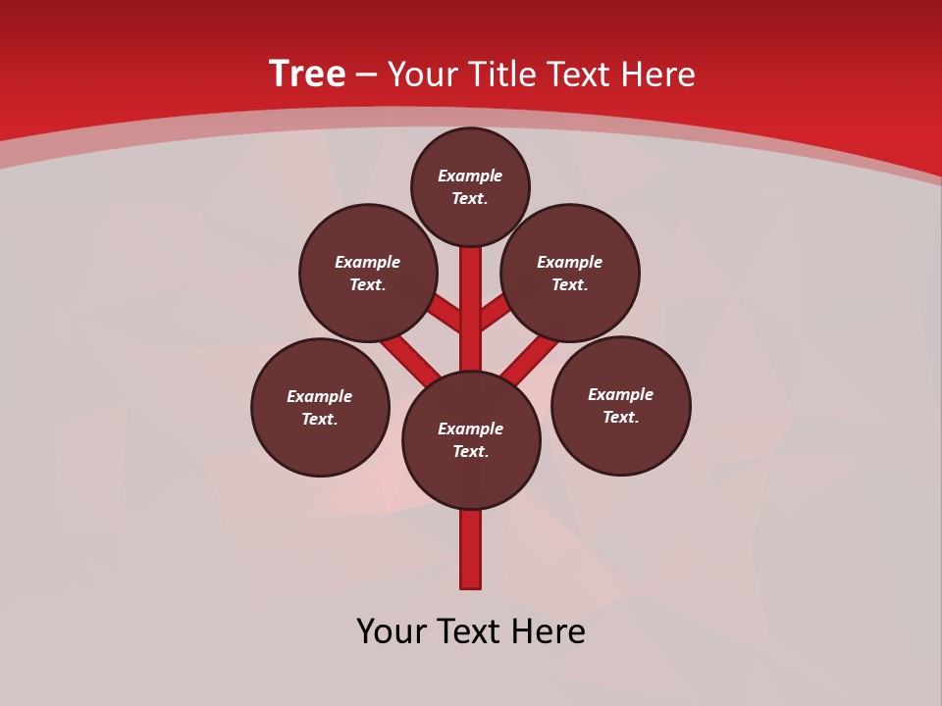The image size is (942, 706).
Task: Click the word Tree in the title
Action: click(x=307, y=75)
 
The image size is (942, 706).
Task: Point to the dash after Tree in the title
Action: click(x=366, y=75)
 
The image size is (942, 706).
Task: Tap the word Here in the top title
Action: click(x=660, y=75)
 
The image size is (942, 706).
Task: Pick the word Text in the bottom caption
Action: click(x=470, y=631)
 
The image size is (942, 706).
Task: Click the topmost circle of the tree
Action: click(x=470, y=186)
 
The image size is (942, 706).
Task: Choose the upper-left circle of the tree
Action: click(x=368, y=273)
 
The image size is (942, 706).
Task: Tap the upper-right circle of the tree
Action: click(x=570, y=273)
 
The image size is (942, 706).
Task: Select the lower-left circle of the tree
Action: click(x=320, y=407)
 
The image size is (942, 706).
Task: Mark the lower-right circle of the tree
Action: click(x=620, y=405)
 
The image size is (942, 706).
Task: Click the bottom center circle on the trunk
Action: click(x=471, y=440)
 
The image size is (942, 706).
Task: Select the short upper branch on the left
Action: click(x=445, y=316)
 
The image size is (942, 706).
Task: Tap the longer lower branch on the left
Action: click(x=411, y=359)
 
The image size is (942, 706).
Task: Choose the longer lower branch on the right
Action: click(x=530, y=359)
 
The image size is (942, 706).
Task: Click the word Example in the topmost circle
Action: click(x=470, y=176)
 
